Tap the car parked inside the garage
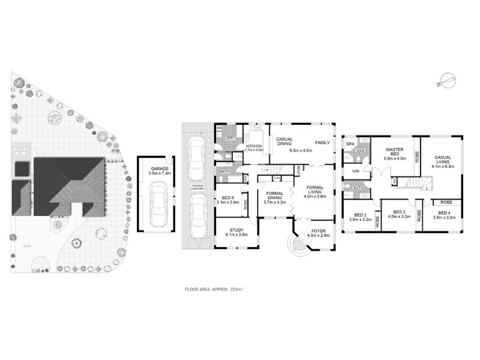[158, 205]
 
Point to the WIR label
[356, 171]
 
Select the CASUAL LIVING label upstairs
[444, 160]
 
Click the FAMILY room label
[323, 143]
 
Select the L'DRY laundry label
[230, 139]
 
